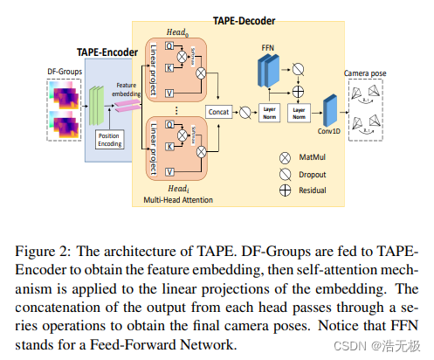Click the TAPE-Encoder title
pyautogui.click(x=107, y=51)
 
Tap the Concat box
pyautogui.click(x=219, y=113)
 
